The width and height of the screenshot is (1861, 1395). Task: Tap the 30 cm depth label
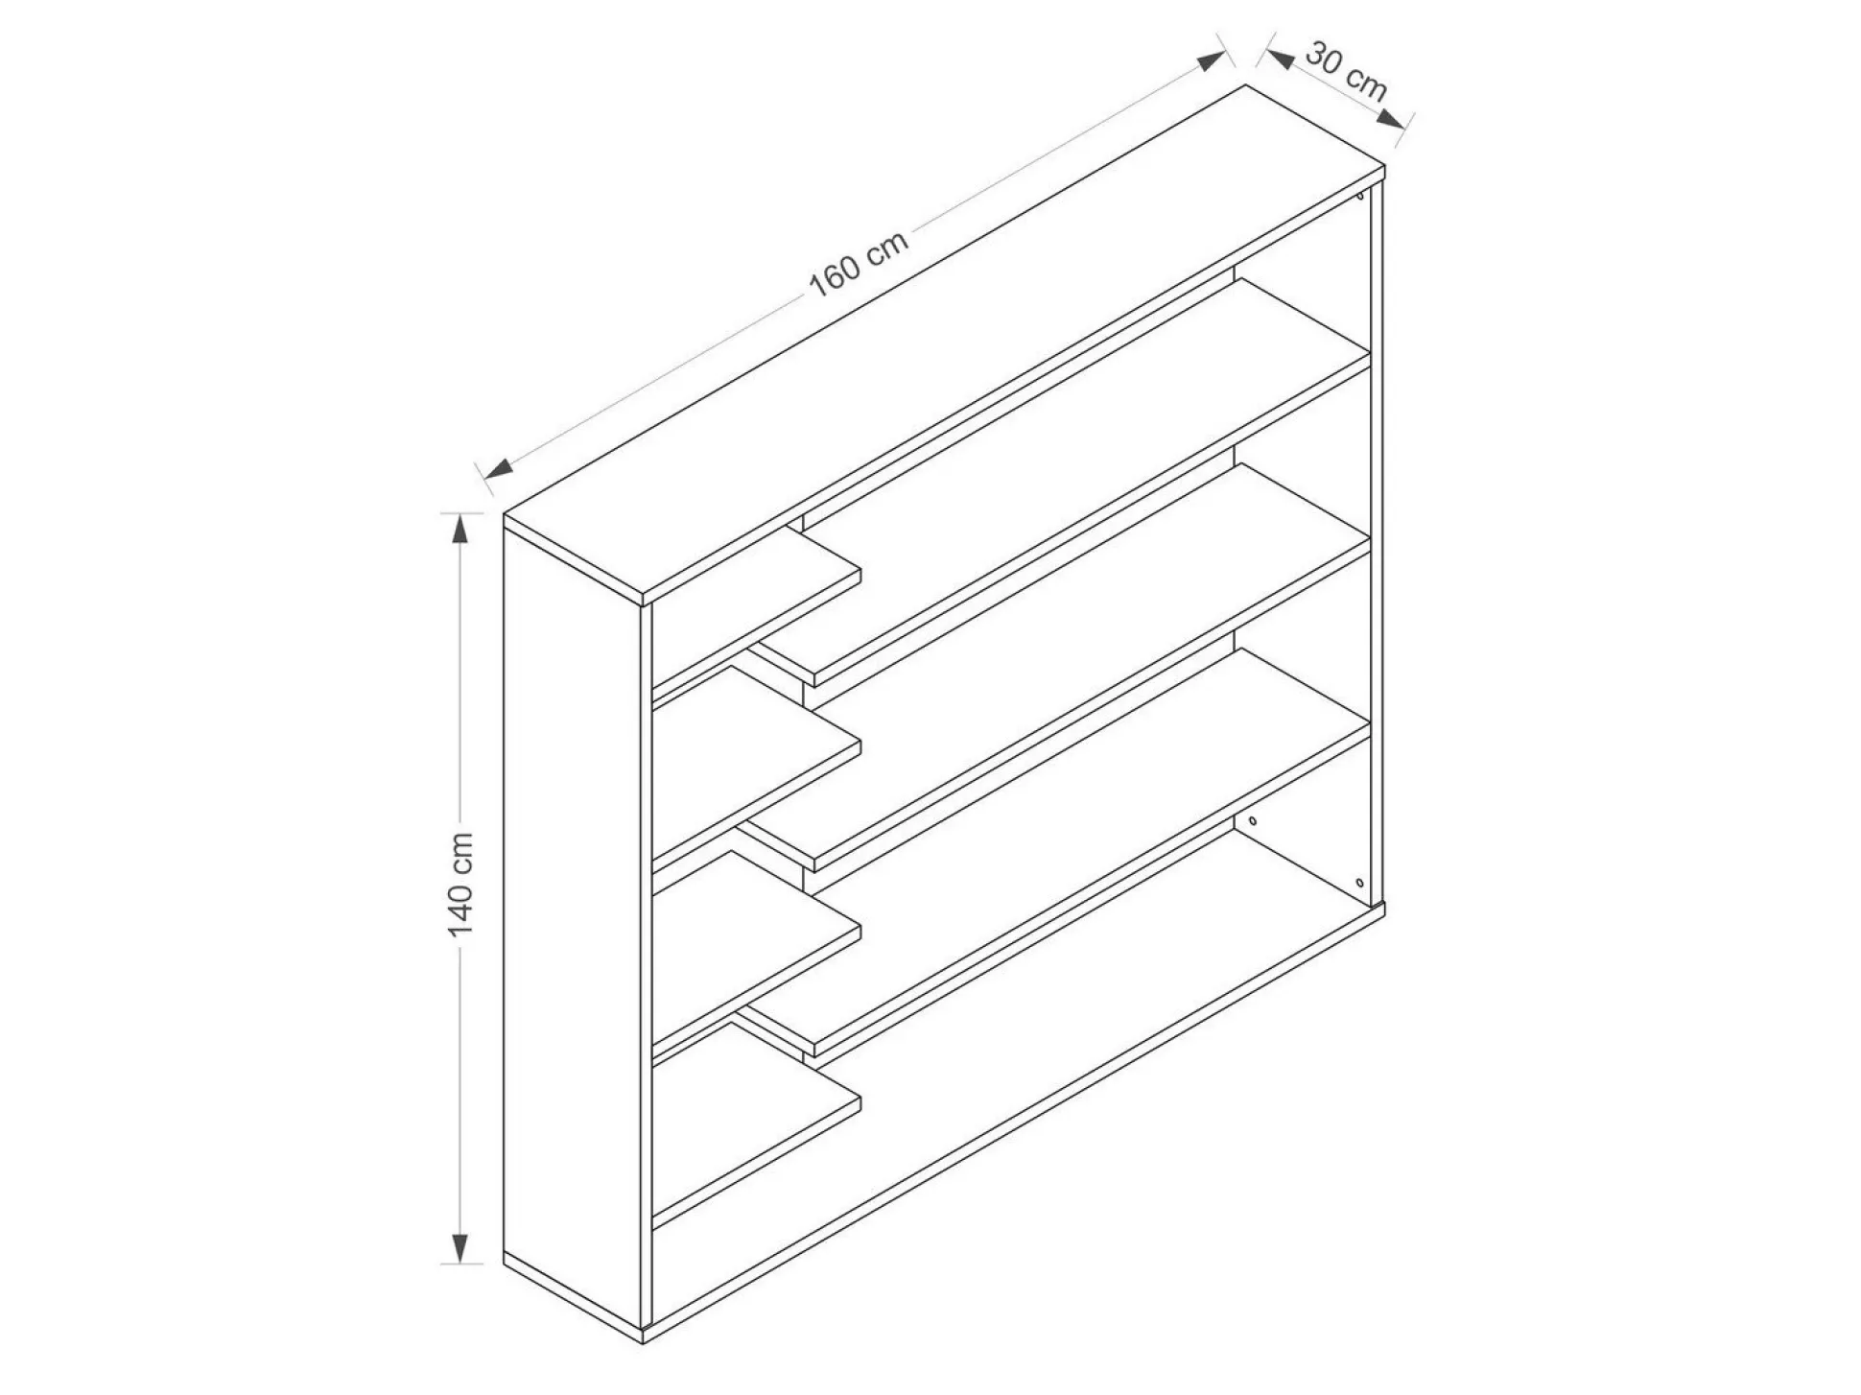[1346, 71]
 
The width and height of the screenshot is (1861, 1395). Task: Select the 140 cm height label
[461, 885]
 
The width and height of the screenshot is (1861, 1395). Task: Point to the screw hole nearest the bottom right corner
[1359, 882]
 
